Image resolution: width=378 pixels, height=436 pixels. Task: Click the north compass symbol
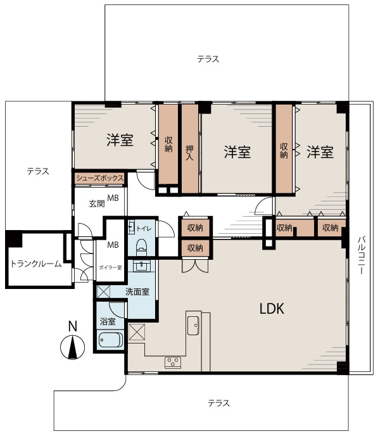(72, 347)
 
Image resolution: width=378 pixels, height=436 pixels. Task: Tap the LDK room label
(272, 309)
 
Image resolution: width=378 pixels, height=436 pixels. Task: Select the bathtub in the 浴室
(111, 340)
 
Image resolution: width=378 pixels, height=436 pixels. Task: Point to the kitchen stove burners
(173, 362)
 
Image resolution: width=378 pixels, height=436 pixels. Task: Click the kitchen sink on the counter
(193, 325)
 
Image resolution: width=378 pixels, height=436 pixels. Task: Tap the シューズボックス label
(99, 178)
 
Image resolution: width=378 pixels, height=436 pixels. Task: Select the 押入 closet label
(189, 153)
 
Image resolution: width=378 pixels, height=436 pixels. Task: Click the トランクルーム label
(36, 264)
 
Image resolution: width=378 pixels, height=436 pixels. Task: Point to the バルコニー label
(361, 255)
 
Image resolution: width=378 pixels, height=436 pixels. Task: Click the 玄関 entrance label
(97, 203)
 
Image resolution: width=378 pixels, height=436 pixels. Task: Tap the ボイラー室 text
(110, 268)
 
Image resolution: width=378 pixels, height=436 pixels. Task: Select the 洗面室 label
(137, 292)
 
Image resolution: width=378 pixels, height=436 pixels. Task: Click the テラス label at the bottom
(219, 403)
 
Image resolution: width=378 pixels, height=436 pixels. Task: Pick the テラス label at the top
(208, 59)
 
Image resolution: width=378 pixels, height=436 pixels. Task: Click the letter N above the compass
(73, 326)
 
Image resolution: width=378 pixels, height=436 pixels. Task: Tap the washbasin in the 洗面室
(142, 266)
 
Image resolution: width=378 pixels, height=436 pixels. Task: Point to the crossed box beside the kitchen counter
(137, 331)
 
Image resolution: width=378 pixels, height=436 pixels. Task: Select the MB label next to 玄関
(113, 198)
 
